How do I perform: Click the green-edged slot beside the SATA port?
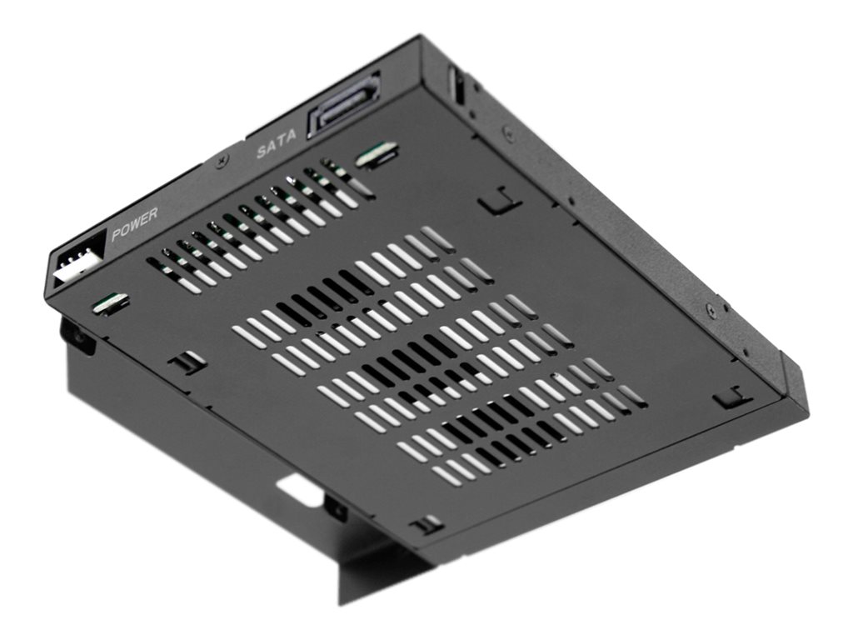[x=377, y=154]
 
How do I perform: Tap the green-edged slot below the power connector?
[x=111, y=303]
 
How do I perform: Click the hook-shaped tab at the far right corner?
[x=732, y=397]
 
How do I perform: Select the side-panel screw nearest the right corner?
[x=710, y=309]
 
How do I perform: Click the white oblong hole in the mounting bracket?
[x=300, y=492]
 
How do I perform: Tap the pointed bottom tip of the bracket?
[x=342, y=600]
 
